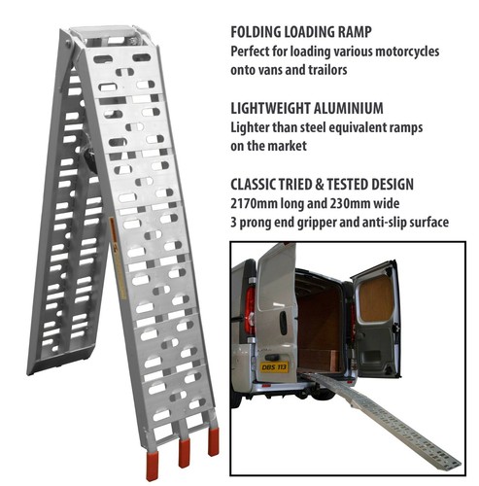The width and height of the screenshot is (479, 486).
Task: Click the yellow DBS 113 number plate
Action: tap(274, 366)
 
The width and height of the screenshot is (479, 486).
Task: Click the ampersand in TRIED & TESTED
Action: tap(320, 185)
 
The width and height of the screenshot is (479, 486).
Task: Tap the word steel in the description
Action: tap(313, 127)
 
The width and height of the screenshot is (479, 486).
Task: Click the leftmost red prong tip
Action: tap(152, 467)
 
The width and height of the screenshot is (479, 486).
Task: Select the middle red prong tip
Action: tap(185, 453)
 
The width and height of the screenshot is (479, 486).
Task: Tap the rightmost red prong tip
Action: tap(214, 441)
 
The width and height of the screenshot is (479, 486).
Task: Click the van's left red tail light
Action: tap(250, 310)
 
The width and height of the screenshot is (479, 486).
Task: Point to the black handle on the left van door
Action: tap(283, 323)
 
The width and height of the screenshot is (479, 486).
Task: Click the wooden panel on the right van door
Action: tap(376, 298)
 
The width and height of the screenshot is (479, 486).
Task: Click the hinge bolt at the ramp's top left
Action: tap(68, 44)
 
